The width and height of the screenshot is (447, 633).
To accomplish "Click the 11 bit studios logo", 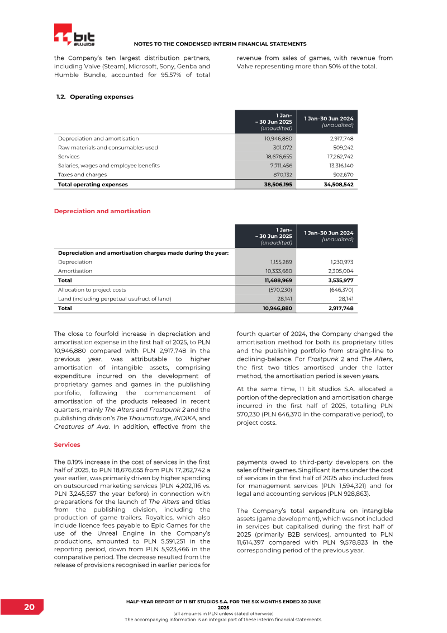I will [74, 35].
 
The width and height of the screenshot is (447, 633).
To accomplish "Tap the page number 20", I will [30, 608].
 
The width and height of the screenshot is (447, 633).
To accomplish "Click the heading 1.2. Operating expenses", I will [95, 97].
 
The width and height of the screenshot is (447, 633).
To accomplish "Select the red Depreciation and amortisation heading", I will [102, 211].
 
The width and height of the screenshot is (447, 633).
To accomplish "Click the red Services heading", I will [67, 444].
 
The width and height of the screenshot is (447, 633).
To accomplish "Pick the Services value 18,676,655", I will [278, 157].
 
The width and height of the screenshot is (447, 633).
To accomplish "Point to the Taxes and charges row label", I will [82, 175].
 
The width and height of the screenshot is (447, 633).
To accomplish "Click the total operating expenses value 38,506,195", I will [278, 184].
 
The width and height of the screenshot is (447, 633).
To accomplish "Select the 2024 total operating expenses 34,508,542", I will [339, 184].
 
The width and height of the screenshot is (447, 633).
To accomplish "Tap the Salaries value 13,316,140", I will [339, 166].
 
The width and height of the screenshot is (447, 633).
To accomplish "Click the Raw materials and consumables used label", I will [108, 148].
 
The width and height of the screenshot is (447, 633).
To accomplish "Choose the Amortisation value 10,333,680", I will [278, 271].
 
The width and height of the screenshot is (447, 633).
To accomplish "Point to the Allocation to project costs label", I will [92, 289].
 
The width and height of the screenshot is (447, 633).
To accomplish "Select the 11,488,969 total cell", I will [278, 280].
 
